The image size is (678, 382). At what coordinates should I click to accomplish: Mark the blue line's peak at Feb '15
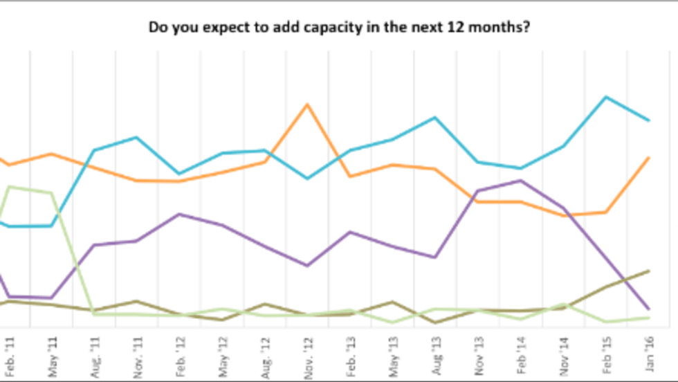(606, 97)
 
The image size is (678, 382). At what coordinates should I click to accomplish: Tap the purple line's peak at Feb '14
(520, 181)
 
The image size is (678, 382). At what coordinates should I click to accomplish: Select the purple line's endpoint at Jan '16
(648, 309)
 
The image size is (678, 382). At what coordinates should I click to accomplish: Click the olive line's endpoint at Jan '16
(648, 271)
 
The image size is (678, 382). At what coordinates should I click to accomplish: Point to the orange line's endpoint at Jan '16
(648, 158)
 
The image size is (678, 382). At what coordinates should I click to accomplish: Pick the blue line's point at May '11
(52, 226)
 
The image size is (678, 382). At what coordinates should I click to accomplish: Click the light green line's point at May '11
(52, 193)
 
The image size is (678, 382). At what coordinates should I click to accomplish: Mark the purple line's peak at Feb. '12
(179, 214)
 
